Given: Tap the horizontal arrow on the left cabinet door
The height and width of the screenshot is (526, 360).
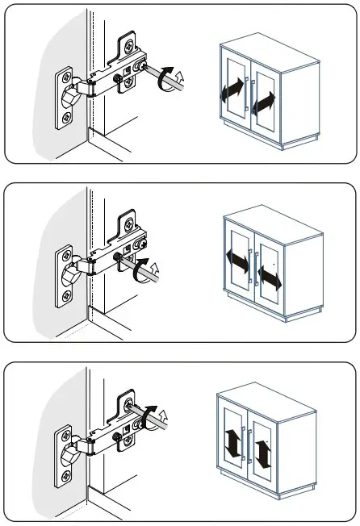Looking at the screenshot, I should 237,260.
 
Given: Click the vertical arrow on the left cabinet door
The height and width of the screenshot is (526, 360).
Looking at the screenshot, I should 232,443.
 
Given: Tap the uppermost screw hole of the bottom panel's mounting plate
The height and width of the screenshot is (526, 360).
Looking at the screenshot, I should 128,398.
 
